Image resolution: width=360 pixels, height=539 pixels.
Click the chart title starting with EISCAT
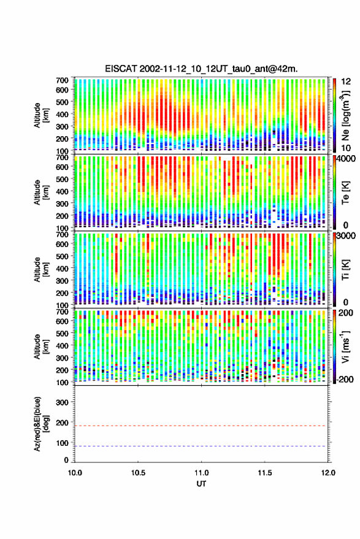point(201,69)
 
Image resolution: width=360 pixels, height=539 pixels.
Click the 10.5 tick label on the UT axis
point(138,473)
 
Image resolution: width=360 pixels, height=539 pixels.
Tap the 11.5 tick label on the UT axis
point(265,473)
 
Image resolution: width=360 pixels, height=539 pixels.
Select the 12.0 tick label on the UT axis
point(328,473)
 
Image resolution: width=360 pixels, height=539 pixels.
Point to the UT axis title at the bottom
point(201,484)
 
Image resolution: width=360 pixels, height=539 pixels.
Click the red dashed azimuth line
point(201,426)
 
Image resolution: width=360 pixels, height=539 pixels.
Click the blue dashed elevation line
point(201,446)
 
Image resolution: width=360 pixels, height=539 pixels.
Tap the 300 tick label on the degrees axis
point(62,402)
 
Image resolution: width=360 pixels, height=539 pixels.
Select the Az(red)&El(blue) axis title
point(41,424)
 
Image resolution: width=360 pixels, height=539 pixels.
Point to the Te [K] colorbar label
point(345,193)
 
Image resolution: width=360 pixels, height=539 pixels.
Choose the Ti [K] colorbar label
point(345,270)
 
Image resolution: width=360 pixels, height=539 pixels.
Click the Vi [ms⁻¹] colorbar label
point(345,347)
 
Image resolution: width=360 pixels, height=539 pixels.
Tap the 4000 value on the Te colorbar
point(347,159)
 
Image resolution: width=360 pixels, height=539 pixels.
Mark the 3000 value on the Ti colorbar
point(347,236)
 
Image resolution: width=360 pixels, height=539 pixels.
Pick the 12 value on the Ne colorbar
point(347,82)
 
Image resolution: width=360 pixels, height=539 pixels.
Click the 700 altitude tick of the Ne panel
point(62,80)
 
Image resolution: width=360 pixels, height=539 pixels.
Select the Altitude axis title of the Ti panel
point(41,270)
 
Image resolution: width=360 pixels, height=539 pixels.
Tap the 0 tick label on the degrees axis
point(66,460)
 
